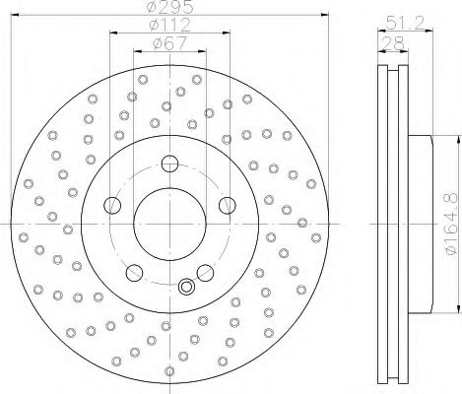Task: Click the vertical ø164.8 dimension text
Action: click(449, 226)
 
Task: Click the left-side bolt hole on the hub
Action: click(112, 205)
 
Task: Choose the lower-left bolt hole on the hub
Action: click(135, 272)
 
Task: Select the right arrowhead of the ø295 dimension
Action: click(317, 17)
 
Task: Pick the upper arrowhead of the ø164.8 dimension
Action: click(433, 147)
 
